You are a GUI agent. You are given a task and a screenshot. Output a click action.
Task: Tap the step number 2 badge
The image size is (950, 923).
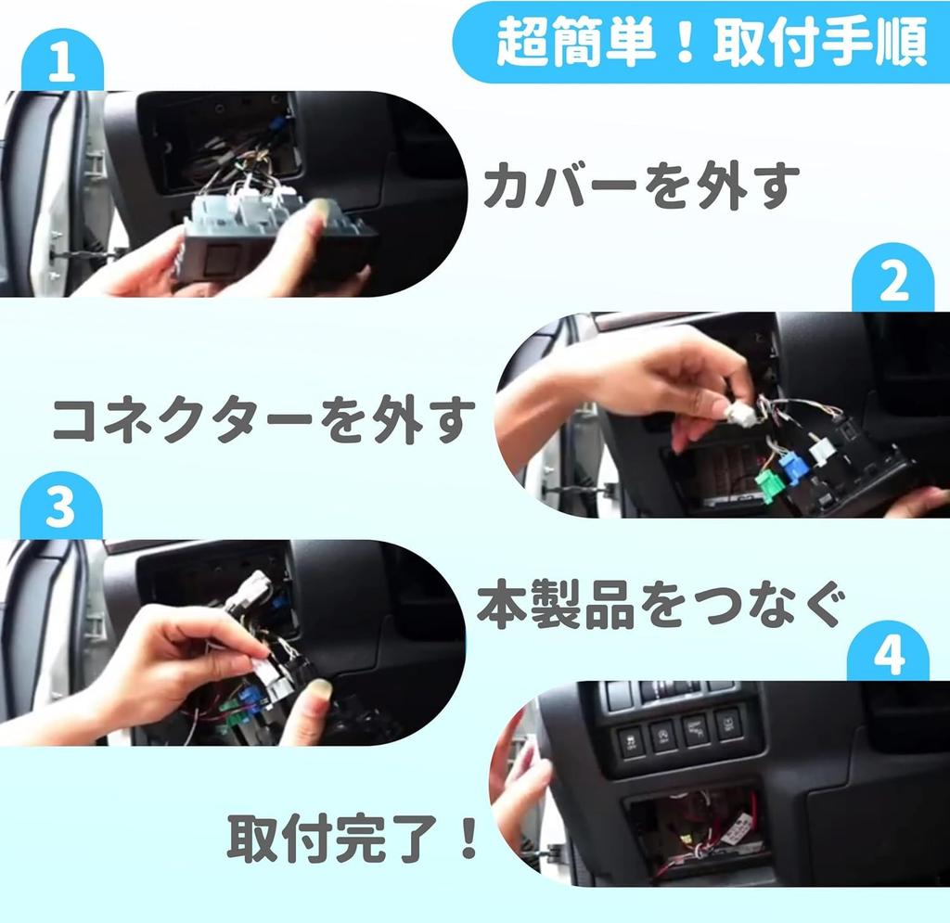tap(892, 284)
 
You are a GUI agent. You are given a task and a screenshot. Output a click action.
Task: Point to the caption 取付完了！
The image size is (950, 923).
tap(353, 837)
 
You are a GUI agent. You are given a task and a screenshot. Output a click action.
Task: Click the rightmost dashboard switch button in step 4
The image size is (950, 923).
tap(728, 721)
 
